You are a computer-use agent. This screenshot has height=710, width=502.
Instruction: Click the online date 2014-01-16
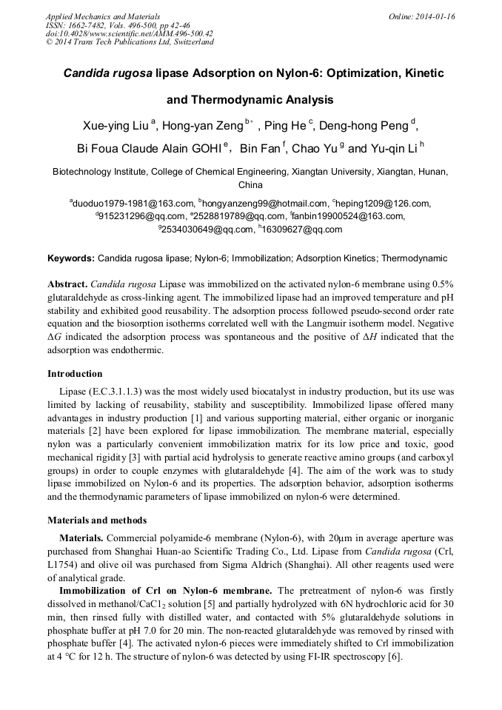pyautogui.click(x=432, y=16)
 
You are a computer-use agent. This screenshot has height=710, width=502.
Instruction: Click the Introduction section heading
pyautogui.click(x=75, y=374)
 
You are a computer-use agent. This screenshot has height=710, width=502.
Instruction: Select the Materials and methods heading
pyautogui.click(x=97, y=520)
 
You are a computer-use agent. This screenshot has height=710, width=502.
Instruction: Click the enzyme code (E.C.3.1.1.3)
pyautogui.click(x=110, y=390)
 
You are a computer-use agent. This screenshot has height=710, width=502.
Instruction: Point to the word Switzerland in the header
pyautogui.click(x=189, y=42)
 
